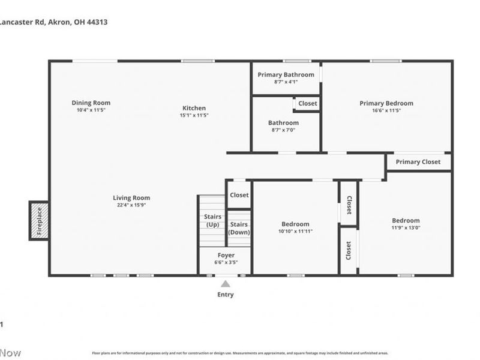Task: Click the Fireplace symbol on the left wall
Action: (40, 221)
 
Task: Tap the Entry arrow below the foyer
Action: (225, 284)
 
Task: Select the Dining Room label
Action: (91, 103)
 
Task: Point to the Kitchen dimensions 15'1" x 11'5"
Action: (195, 115)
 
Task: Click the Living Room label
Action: (131, 197)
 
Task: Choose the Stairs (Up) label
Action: (212, 220)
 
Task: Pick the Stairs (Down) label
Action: (239, 228)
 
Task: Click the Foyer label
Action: (226, 255)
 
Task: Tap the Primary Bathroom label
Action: (286, 74)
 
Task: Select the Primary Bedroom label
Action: (386, 103)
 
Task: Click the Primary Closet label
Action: (418, 162)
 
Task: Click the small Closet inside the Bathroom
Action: (307, 103)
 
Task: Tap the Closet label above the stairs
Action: (239, 195)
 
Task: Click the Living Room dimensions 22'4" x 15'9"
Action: (131, 205)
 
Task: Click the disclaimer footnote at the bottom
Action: (240, 353)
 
